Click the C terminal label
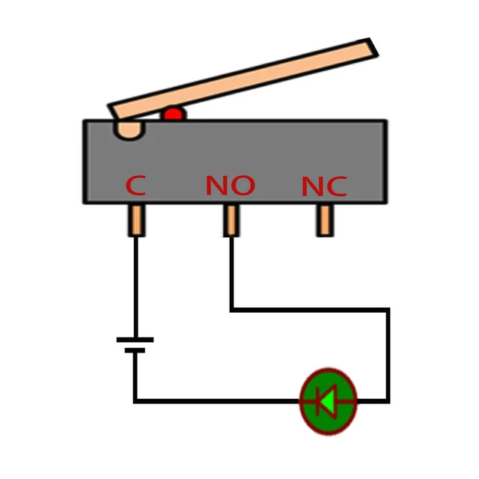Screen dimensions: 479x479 [x=135, y=186]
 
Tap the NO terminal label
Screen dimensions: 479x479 [x=230, y=186]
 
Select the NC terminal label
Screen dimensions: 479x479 [x=324, y=186]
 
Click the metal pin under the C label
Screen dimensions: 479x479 [x=135, y=220]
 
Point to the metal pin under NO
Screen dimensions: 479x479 [x=231, y=220]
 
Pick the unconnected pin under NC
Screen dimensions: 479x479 [x=324, y=220]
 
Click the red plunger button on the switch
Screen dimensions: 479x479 [x=174, y=115]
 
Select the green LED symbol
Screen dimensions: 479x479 [x=328, y=401]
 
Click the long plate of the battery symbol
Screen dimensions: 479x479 [x=135, y=340]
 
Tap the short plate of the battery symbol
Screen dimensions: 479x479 [x=135, y=350]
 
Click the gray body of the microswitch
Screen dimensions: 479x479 [x=299, y=150]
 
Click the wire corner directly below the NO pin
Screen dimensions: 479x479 [x=231, y=308]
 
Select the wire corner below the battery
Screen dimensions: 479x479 [x=135, y=401]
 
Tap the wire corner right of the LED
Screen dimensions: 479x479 [x=388, y=401]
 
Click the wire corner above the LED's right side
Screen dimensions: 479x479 [x=388, y=308]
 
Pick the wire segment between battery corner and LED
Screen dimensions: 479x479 [x=217, y=401]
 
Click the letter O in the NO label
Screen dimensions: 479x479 [x=242, y=186]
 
